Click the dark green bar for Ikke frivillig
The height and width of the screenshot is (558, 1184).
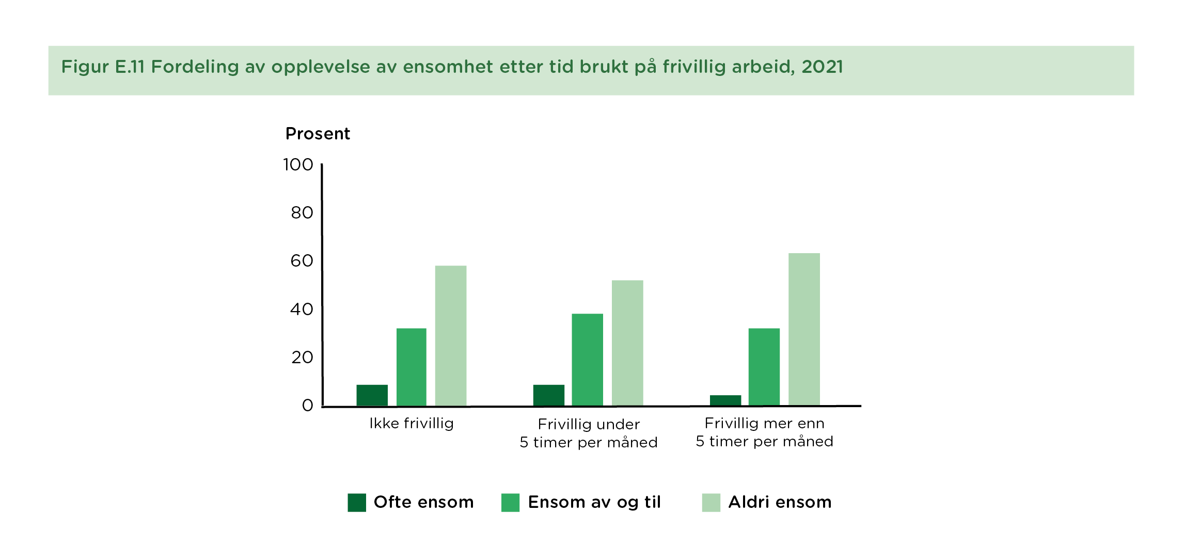point(372,395)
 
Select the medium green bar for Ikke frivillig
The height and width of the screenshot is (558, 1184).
point(411,367)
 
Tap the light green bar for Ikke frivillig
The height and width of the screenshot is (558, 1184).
point(450,336)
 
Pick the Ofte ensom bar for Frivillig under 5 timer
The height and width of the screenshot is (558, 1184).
point(548,395)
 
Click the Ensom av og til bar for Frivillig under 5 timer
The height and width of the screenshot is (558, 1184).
point(587,360)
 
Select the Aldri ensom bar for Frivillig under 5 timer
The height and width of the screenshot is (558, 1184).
point(627,343)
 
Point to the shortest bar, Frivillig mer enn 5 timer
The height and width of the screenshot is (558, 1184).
point(725,400)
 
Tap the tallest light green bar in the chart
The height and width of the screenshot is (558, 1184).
point(804,329)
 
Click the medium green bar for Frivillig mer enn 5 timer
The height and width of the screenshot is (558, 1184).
point(764,367)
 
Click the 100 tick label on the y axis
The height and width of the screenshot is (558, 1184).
point(298,165)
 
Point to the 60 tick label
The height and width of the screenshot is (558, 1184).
point(302,261)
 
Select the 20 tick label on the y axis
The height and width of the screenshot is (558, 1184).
point(302,358)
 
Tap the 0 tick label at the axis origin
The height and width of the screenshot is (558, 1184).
point(307,406)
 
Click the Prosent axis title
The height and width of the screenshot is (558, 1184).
point(318,134)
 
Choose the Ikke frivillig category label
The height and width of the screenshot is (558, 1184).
point(411,424)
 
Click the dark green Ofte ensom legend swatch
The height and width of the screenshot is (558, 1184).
point(357,502)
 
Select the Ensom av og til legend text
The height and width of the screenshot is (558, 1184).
point(594,502)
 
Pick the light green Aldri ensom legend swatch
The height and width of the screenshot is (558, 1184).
point(711,502)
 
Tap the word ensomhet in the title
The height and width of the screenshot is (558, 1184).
point(448,67)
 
